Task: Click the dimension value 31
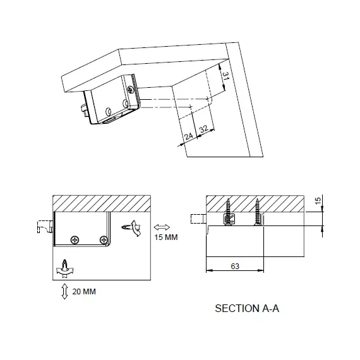pyautogui.click(x=226, y=76)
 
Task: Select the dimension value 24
pyautogui.click(x=188, y=136)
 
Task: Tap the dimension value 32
pyautogui.click(x=203, y=129)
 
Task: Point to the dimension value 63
pyautogui.click(x=235, y=266)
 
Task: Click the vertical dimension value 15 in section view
pyautogui.click(x=318, y=201)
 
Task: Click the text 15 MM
pyautogui.click(x=166, y=237)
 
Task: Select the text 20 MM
pyautogui.click(x=84, y=292)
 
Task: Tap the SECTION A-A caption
pyautogui.click(x=247, y=308)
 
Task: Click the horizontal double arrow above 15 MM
pyautogui.click(x=162, y=227)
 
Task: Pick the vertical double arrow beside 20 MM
pyautogui.click(x=65, y=291)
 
